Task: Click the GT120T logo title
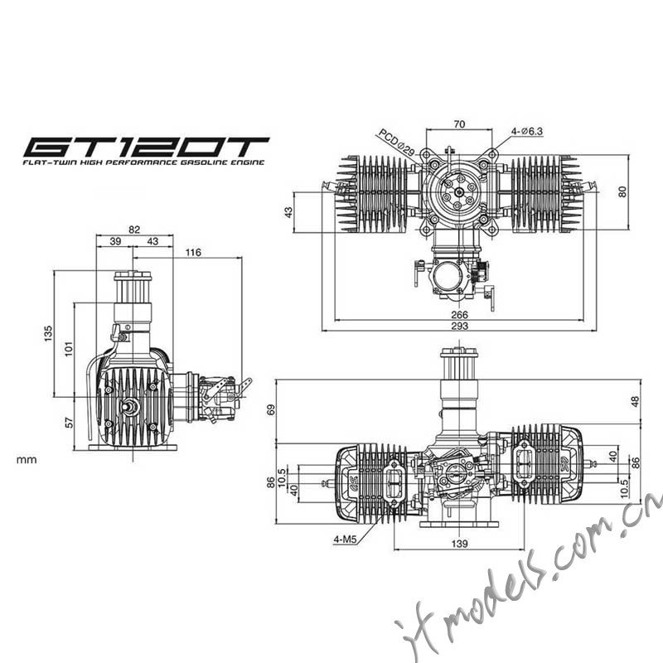coord(147,148)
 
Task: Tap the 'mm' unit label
coord(27,460)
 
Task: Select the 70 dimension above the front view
coord(459,124)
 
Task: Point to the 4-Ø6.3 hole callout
coord(526,132)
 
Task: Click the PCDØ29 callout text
coord(396,142)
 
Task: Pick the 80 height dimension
coord(622,191)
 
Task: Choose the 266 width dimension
coord(459,315)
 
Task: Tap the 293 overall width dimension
coord(459,326)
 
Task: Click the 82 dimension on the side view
coord(134,230)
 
